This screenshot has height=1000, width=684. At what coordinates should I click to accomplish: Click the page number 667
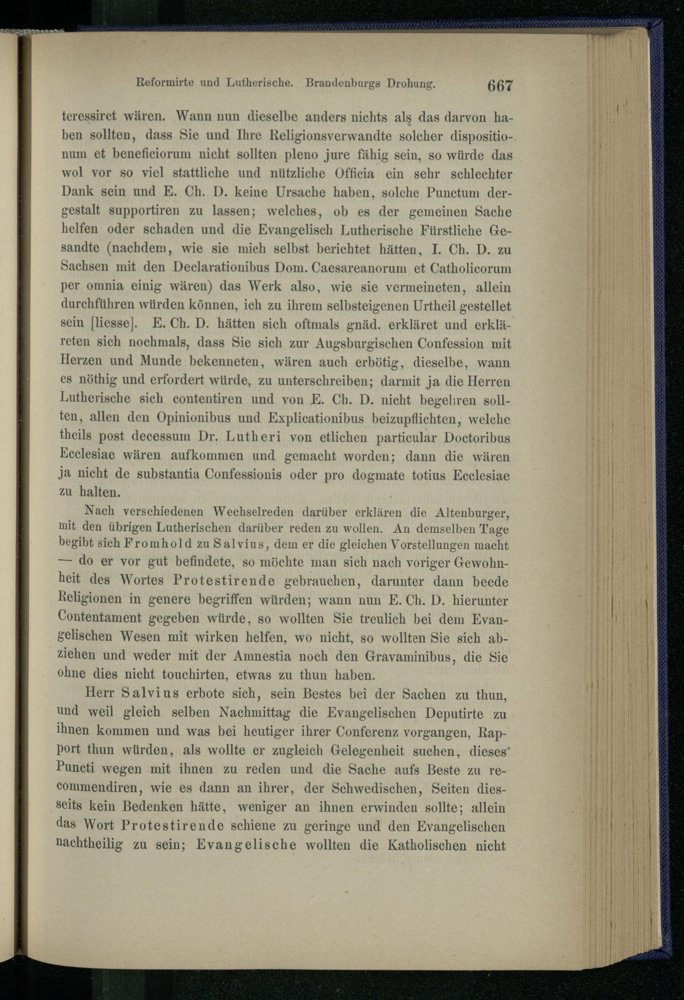coord(500,85)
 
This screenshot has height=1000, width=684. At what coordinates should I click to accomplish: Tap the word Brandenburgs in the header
coord(343,83)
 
